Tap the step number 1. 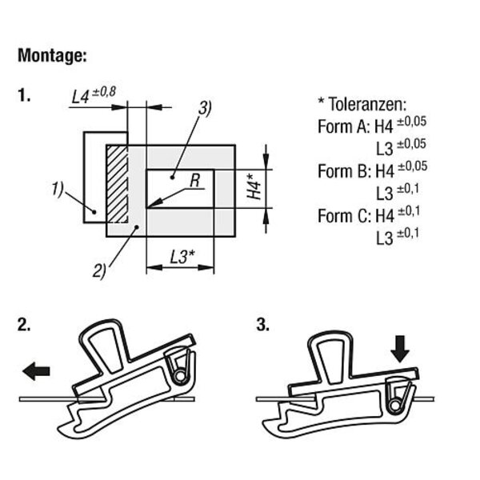(x=24, y=96)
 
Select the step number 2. (x=24, y=325)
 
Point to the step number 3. (x=262, y=325)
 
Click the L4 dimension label (x=80, y=97)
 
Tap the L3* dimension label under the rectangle (x=179, y=258)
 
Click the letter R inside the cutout (x=194, y=182)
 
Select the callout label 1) (x=57, y=189)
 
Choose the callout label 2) (x=99, y=270)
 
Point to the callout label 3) (x=205, y=108)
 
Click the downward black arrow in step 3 (x=401, y=348)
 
